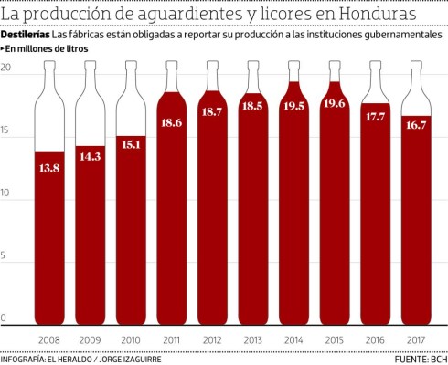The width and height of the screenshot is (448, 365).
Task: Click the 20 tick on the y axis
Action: click(6, 69)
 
